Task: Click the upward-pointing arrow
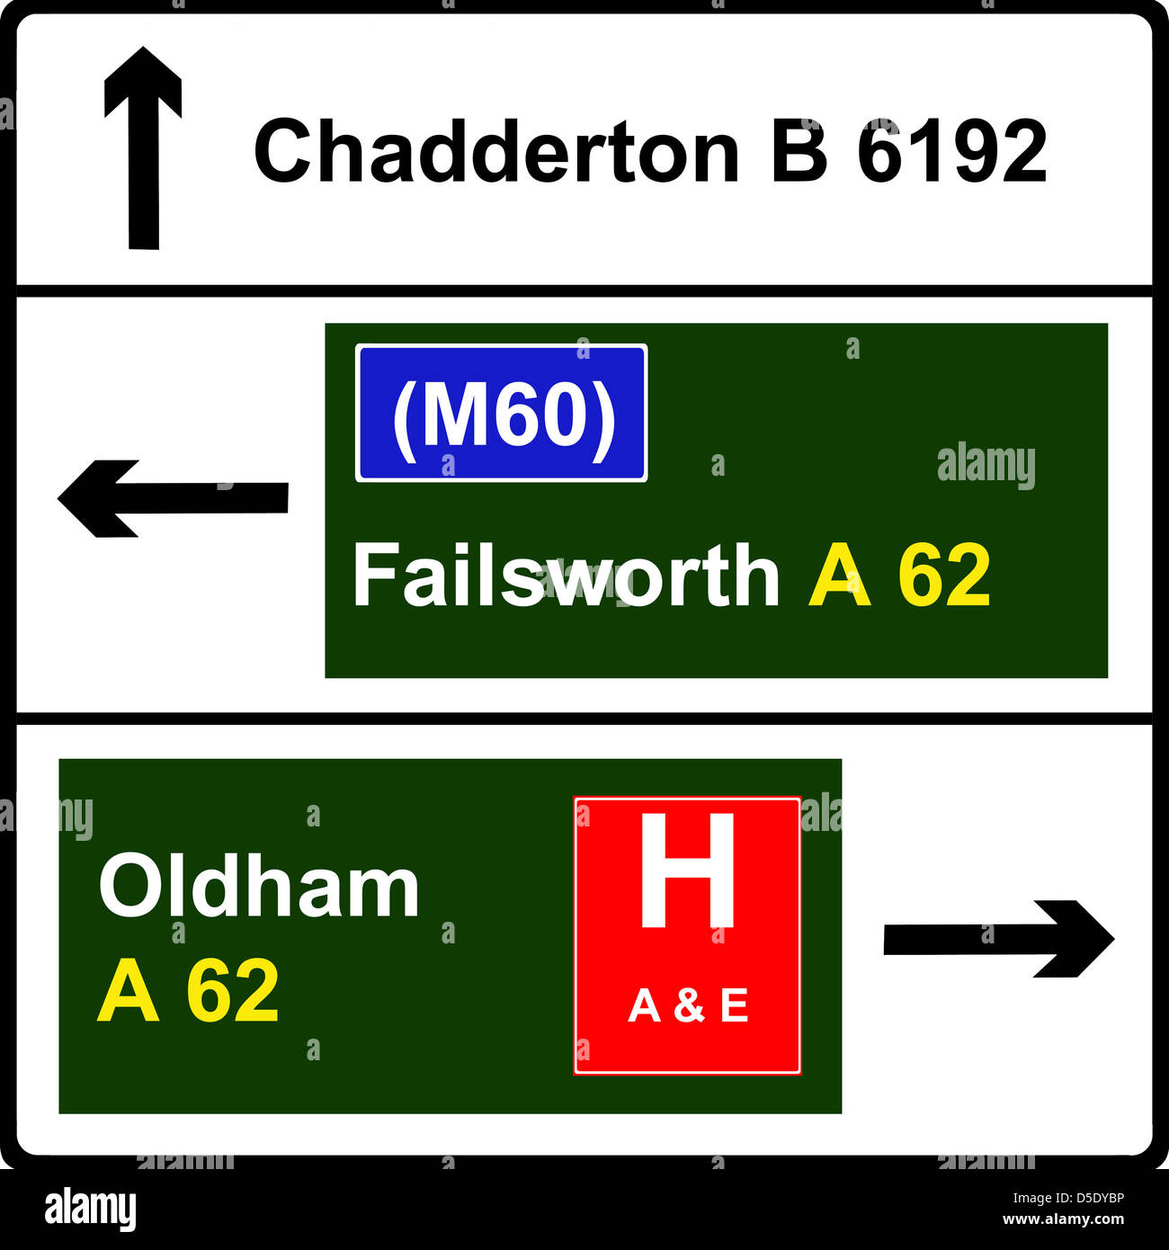[143, 148]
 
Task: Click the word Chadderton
[496, 151]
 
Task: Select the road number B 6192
[909, 151]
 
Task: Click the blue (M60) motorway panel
[501, 413]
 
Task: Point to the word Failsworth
[566, 576]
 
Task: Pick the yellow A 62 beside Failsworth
[899, 576]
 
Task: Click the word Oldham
[259, 887]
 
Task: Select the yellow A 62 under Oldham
[188, 991]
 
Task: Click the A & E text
[688, 1005]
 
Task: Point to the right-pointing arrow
[998, 939]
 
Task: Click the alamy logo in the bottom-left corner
[90, 1210]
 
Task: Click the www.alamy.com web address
[1063, 1220]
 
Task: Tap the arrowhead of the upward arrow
[143, 83]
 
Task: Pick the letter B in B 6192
[799, 151]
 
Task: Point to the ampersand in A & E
[688, 1005]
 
